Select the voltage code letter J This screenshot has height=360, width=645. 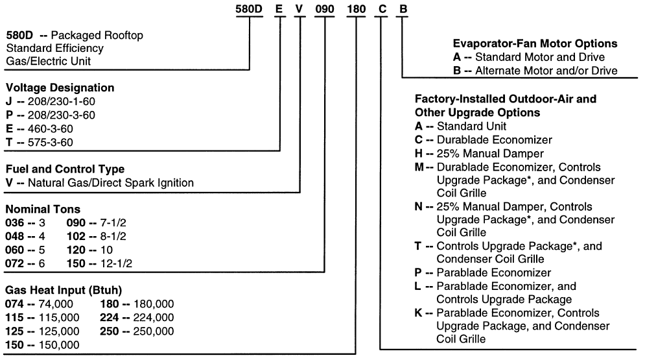(9, 102)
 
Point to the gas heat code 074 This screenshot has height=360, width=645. (15, 304)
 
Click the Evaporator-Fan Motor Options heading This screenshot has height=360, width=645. (534, 44)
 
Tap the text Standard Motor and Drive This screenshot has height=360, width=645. (538, 57)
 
